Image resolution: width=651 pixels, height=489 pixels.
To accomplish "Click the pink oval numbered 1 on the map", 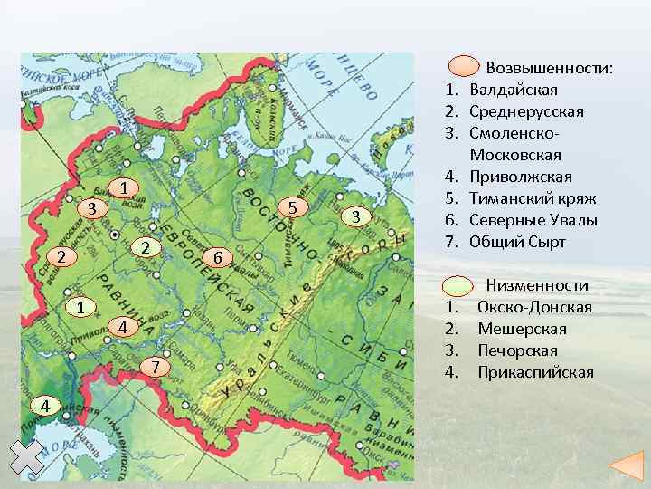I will point(127,188).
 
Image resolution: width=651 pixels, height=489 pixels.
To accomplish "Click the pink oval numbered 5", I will point(292,208).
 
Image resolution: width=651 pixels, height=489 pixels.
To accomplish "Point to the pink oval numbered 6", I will point(216,259).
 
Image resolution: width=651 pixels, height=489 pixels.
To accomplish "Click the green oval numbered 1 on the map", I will point(80,308).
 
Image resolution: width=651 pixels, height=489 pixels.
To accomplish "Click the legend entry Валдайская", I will point(514,90).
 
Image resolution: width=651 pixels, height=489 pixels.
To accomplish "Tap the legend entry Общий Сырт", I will point(517,242).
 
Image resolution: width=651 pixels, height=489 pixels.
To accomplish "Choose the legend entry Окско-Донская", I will point(534,307).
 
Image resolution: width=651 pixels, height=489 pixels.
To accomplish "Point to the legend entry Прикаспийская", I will point(535,372).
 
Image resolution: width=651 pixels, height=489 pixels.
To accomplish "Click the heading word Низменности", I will point(538,285).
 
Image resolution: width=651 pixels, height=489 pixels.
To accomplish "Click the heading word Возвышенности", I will point(549,68).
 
